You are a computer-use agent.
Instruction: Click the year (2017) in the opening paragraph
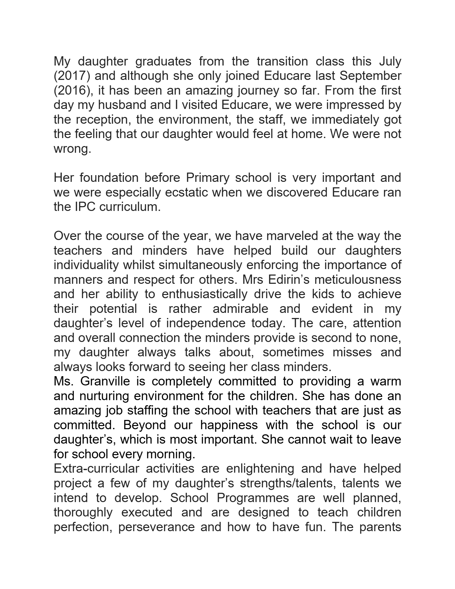[72, 76]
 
